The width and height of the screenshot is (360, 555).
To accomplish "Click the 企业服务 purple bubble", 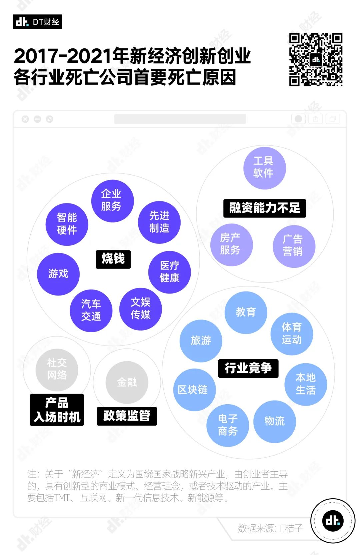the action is pyautogui.click(x=113, y=201).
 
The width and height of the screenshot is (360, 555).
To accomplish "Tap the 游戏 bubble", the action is pyautogui.click(x=58, y=274).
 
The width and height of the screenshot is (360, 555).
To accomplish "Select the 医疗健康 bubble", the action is pyautogui.click(x=170, y=272).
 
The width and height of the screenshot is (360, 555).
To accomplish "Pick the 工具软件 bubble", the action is pyautogui.click(x=265, y=168).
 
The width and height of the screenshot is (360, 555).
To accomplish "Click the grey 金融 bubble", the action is pyautogui.click(x=127, y=382).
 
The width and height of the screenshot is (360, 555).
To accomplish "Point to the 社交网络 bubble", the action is pyautogui.click(x=57, y=370).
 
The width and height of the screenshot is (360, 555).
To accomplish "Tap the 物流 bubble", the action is pyautogui.click(x=275, y=422).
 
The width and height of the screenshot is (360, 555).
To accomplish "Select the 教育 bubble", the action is pyautogui.click(x=246, y=313).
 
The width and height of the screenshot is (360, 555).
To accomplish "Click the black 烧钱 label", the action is pyautogui.click(x=113, y=259).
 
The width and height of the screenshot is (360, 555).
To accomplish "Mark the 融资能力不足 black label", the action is pyautogui.click(x=265, y=208).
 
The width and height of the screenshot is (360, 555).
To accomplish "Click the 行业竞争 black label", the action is pyautogui.click(x=248, y=368).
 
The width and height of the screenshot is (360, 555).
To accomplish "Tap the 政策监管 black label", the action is pyautogui.click(x=127, y=416).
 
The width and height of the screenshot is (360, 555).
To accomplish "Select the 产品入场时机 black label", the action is pyautogui.click(x=57, y=410).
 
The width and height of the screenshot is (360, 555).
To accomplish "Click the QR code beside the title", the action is pyautogui.click(x=316, y=59).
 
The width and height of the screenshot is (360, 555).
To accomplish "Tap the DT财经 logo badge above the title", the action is pyautogui.click(x=38, y=22).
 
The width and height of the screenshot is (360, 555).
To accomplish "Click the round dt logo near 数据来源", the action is pyautogui.click(x=333, y=521).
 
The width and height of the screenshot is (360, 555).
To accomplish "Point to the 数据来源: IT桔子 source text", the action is pyautogui.click(x=270, y=528).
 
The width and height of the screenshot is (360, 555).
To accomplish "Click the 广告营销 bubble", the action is pyautogui.click(x=294, y=246).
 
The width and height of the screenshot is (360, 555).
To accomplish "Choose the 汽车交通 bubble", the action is pyautogui.click(x=91, y=311).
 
